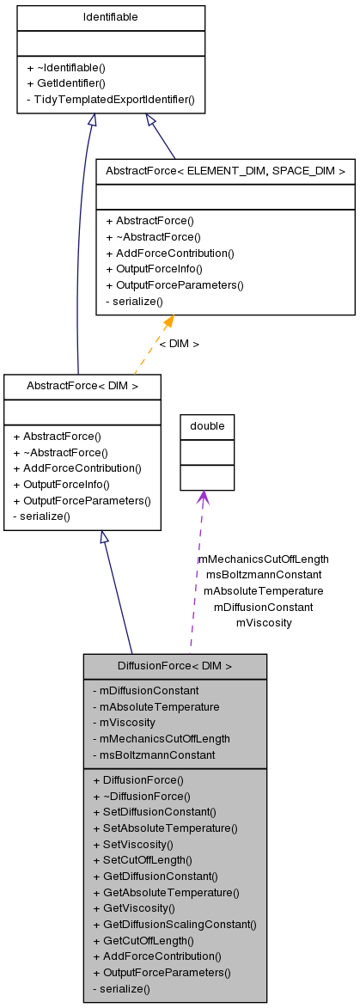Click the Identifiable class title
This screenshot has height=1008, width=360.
click(110, 17)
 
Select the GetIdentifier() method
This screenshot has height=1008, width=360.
click(65, 83)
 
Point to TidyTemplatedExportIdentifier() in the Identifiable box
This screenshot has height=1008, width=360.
click(110, 99)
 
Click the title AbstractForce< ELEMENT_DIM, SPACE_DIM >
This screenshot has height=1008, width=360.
click(225, 171)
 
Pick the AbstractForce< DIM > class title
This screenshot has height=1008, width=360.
click(82, 386)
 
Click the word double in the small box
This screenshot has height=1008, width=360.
click(206, 426)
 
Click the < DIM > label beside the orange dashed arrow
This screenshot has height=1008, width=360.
click(179, 344)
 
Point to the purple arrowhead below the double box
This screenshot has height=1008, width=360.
click(203, 498)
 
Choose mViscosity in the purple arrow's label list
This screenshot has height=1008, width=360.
click(264, 622)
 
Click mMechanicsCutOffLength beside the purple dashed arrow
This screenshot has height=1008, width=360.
click(264, 559)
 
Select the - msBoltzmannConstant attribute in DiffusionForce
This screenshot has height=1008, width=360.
click(153, 754)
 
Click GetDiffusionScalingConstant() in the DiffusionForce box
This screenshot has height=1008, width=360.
click(174, 924)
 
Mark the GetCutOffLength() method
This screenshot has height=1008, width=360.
click(143, 940)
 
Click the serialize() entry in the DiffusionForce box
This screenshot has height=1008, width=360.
click(120, 989)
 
